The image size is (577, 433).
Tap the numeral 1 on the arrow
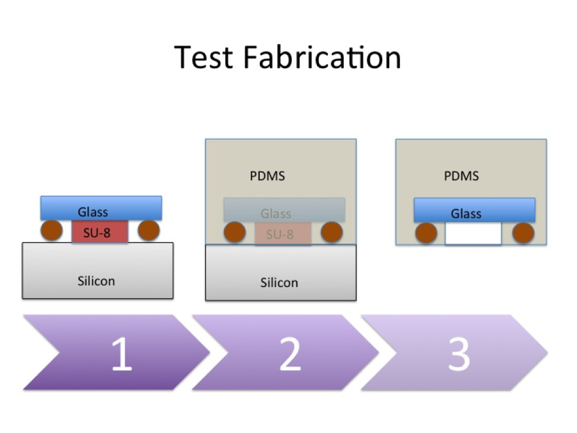[122, 354]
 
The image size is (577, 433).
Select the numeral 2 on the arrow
[290, 354]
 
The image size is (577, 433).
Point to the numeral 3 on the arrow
[459, 354]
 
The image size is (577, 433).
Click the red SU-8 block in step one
[100, 232]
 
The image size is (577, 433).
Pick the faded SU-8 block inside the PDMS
[283, 233]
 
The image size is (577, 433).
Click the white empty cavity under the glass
[473, 233]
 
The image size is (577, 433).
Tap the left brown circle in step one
[51, 231]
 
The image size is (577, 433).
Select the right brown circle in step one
[149, 230]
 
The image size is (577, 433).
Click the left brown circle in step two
[235, 232]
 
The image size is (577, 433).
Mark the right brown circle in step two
[332, 232]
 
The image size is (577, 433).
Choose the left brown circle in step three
[426, 233]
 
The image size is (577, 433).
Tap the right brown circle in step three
[523, 233]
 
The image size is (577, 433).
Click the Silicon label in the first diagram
[96, 281]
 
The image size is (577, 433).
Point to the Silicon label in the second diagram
[279, 282]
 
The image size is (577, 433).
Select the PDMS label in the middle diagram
[267, 176]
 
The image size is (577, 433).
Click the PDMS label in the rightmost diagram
[461, 176]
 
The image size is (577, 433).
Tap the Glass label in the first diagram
[93, 212]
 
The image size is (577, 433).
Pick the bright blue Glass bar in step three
[474, 210]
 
